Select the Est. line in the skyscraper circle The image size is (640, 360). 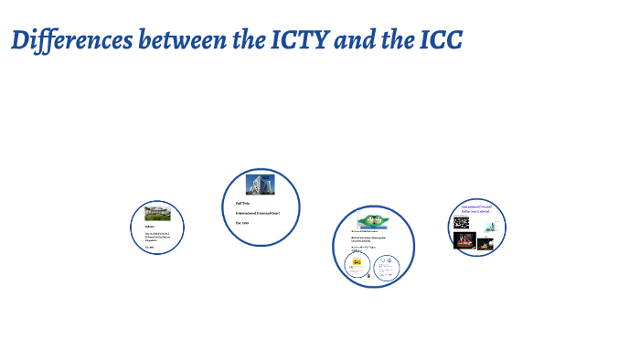click(x=242, y=222)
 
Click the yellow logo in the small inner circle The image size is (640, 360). click(x=357, y=262)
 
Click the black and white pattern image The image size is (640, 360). click(x=461, y=222)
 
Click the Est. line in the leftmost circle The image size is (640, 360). click(x=149, y=246)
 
